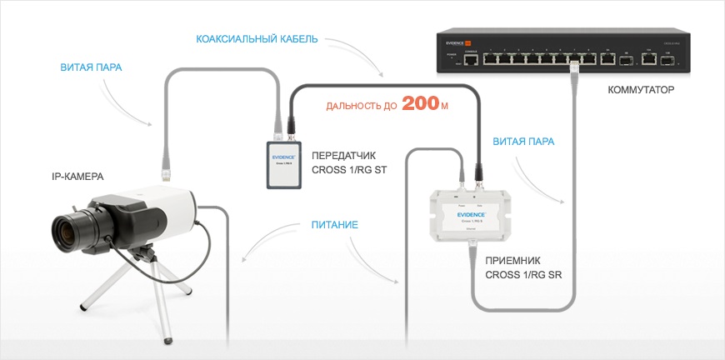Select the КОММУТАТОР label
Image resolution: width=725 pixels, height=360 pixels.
640,89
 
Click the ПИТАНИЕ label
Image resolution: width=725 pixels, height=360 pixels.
335,225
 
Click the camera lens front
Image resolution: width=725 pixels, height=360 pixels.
62,229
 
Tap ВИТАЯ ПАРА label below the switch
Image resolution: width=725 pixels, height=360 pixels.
523,142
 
